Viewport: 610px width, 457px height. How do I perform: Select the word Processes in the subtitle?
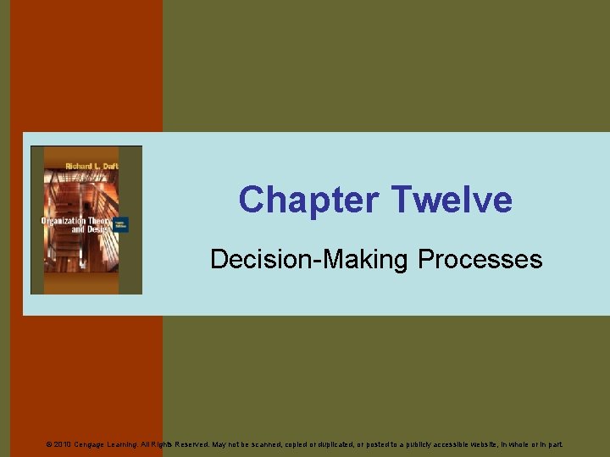click(x=480, y=259)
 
